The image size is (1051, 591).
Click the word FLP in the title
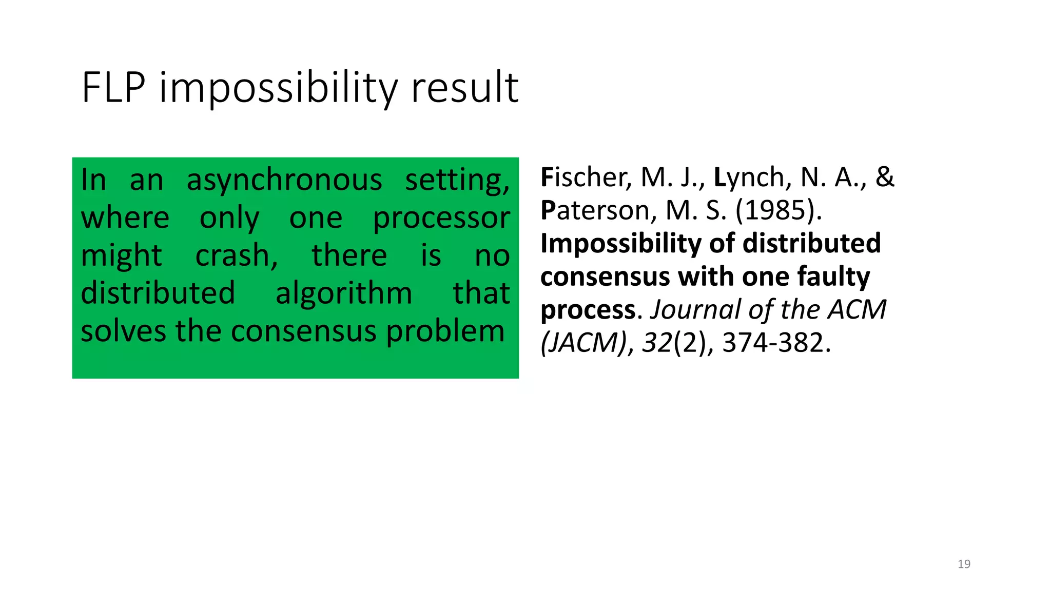coord(114,88)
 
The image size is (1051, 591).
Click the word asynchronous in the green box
coord(284,181)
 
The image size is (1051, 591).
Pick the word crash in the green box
coord(236,255)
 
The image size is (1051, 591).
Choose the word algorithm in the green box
coord(344,293)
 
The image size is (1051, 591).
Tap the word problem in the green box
coord(445,331)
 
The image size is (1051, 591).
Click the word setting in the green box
coord(457,181)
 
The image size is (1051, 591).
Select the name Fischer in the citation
coord(583,178)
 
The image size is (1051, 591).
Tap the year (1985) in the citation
coord(778,210)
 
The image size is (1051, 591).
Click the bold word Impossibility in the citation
coord(619,244)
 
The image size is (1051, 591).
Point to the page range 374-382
coord(773,343)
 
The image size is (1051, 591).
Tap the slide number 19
coord(964,564)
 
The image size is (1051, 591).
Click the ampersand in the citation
coord(885,178)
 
